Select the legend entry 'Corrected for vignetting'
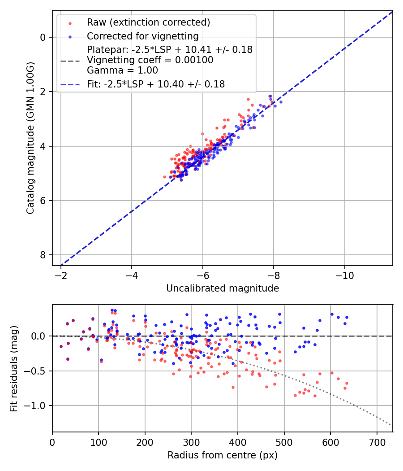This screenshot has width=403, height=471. click(x=142, y=36)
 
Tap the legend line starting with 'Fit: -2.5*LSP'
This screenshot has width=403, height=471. click(x=156, y=84)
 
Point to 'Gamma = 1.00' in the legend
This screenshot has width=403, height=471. click(x=122, y=70)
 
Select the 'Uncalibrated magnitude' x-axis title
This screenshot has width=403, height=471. click(x=223, y=288)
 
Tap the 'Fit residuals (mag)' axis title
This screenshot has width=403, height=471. click(x=14, y=368)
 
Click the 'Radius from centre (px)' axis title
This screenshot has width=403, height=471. click(x=223, y=455)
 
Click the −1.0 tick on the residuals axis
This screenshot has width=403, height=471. click(x=37, y=406)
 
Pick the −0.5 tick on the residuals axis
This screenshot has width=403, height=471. click(x=37, y=371)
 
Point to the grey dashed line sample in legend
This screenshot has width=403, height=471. click(x=69, y=60)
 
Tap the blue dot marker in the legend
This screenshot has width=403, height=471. click(x=69, y=36)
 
